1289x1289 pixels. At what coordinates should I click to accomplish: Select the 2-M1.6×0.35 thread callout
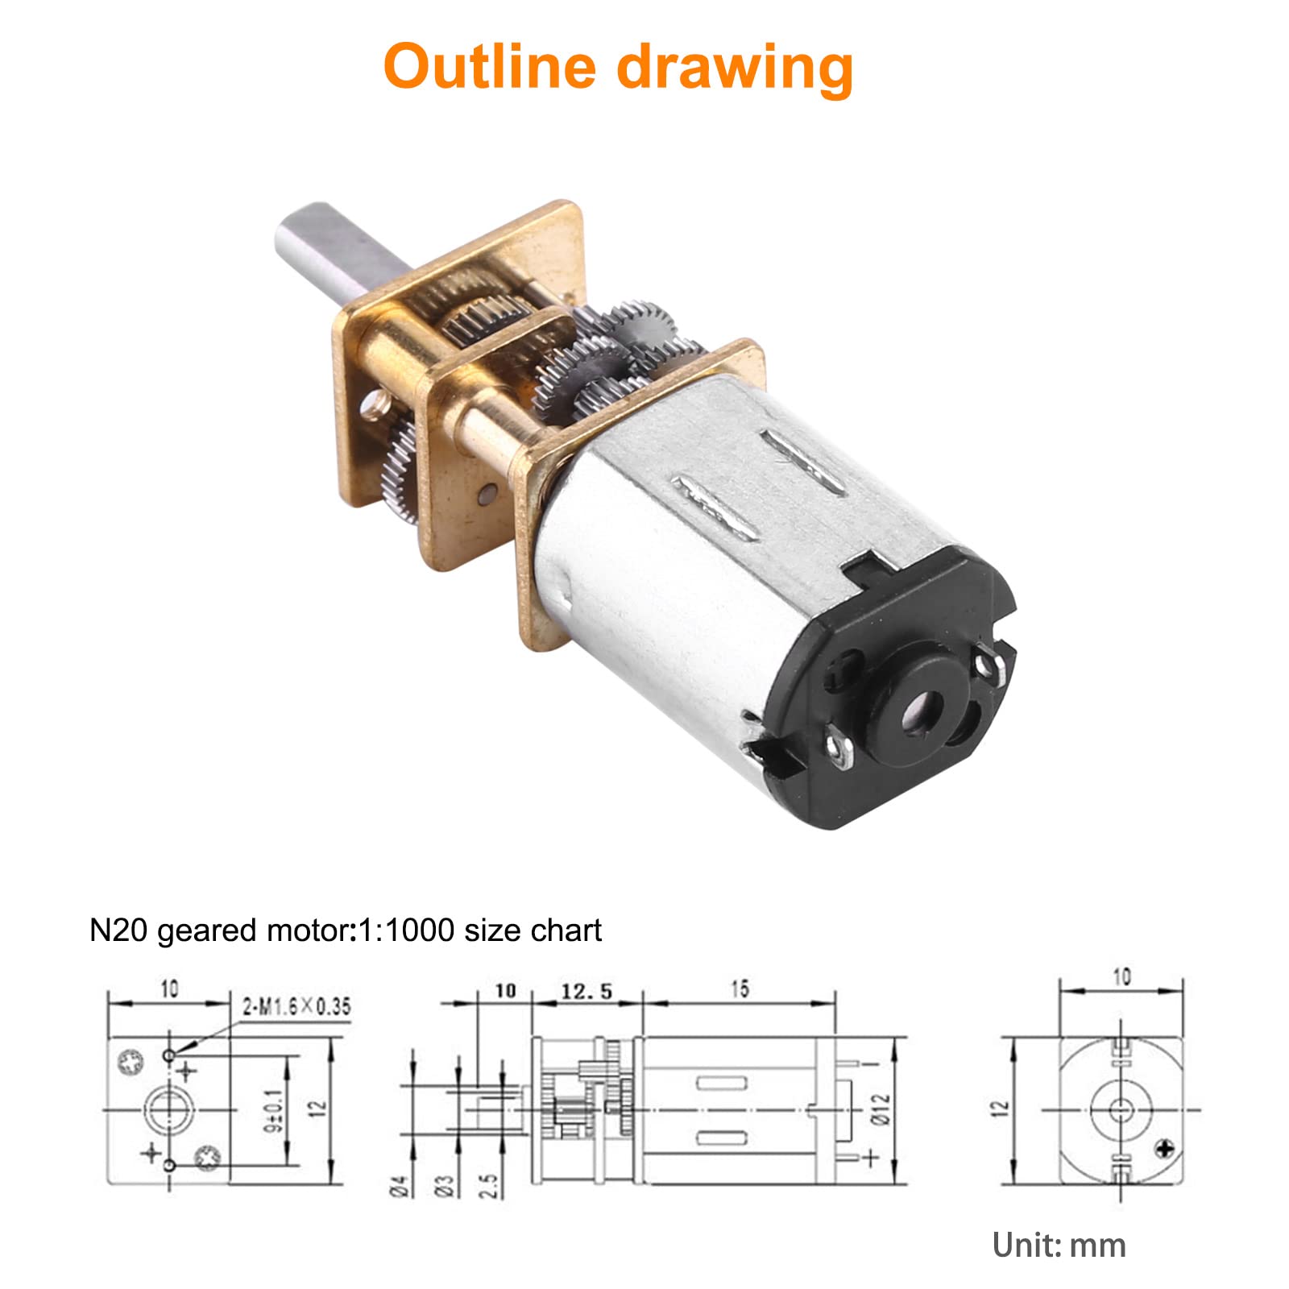[296, 1005]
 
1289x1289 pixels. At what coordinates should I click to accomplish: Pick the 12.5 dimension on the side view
[586, 990]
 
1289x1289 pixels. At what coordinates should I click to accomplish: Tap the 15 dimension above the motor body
[739, 988]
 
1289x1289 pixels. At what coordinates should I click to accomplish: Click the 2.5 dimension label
[491, 1185]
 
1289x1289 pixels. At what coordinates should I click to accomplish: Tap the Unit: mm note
[1059, 1245]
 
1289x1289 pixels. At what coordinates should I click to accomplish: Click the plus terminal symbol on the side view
[871, 1158]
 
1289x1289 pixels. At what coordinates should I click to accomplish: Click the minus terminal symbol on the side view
[871, 1063]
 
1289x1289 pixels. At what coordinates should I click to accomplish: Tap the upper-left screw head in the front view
[129, 1063]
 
